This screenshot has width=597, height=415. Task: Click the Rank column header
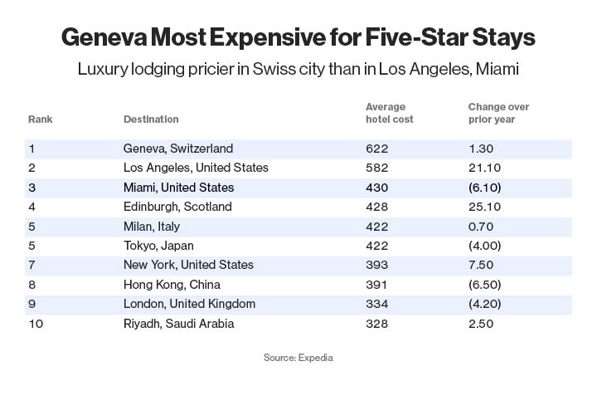tap(40, 120)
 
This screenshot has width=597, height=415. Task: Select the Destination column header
tap(151, 120)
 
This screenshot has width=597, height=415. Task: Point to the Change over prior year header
tap(498, 114)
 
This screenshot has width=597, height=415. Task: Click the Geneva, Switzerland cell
tap(178, 149)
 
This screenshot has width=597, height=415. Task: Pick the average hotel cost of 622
tap(376, 149)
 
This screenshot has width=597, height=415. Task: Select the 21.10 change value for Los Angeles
tap(484, 168)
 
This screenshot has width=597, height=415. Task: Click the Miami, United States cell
tap(178, 188)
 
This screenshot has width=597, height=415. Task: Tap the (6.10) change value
tap(484, 188)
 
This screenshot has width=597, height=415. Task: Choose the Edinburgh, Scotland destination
tap(177, 207)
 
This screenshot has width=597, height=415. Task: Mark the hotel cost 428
tap(376, 207)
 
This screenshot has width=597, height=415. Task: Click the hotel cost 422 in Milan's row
tap(376, 227)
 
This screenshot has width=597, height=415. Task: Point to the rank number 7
tap(32, 265)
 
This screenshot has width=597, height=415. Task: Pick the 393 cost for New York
tap(376, 265)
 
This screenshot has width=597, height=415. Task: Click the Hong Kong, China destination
tap(172, 285)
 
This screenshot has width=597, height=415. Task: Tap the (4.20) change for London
tap(484, 304)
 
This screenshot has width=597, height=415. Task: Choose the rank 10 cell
tap(35, 324)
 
